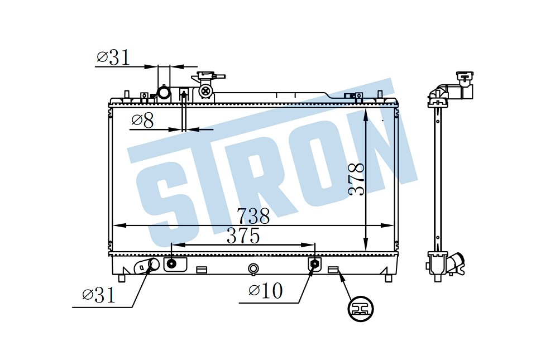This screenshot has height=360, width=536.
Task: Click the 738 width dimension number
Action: (x=253, y=216)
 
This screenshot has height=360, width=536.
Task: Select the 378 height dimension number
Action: (x=356, y=179)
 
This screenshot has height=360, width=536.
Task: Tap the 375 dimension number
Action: (x=243, y=236)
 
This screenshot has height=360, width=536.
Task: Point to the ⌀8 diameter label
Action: (x=142, y=120)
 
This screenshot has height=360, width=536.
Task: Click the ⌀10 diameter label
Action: (x=266, y=291)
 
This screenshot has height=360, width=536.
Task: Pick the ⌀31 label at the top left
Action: (x=113, y=57)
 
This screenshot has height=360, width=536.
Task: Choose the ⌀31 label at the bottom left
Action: (x=99, y=295)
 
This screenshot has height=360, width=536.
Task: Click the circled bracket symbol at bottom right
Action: (x=360, y=309)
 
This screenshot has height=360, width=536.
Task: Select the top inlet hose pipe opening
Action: (x=164, y=92)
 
